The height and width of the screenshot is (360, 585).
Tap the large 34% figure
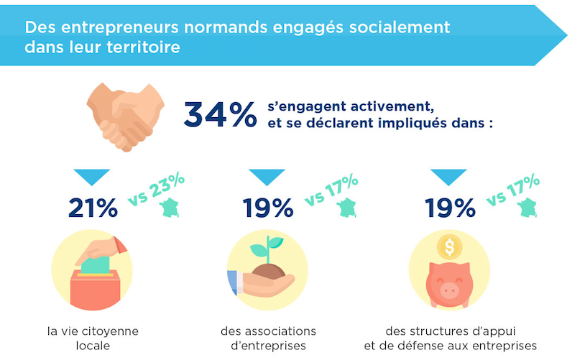220,114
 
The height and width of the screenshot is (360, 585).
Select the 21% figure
93,208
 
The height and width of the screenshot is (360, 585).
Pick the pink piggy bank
448,284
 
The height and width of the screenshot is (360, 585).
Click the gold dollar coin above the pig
450,247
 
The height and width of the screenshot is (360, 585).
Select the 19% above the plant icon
268,208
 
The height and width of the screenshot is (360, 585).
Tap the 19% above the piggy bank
450,208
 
